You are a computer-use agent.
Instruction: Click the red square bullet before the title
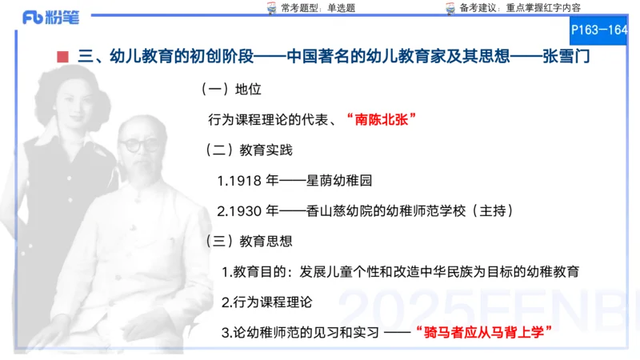point(62,57)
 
